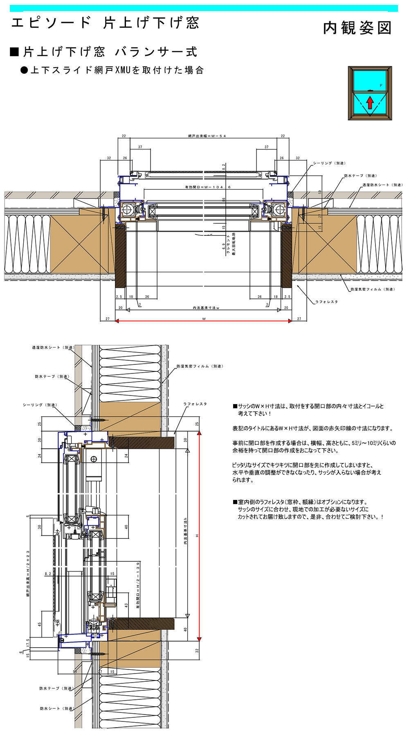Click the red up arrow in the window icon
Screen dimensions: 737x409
coord(370,102)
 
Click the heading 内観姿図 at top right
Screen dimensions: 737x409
coord(357,28)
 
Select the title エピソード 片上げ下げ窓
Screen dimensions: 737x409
coord(105,23)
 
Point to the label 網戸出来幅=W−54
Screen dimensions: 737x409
coord(207,136)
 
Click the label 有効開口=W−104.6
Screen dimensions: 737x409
coord(208,187)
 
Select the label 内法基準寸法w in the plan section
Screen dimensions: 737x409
coord(206,307)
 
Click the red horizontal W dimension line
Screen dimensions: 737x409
coord(203,321)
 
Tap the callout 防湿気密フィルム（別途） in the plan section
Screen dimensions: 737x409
coord(372,289)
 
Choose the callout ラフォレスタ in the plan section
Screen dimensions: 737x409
coord(326,302)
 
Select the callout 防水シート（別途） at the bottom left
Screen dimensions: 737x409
coord(56,708)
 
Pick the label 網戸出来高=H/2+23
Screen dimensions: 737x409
coord(28,573)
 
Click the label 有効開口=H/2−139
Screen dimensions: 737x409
coord(138,585)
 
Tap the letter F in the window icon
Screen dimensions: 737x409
coord(381,86)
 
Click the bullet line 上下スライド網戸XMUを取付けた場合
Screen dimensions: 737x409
coord(117,70)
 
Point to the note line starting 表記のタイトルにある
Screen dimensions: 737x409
coord(312,428)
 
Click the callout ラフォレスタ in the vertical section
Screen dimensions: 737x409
coord(195,404)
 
